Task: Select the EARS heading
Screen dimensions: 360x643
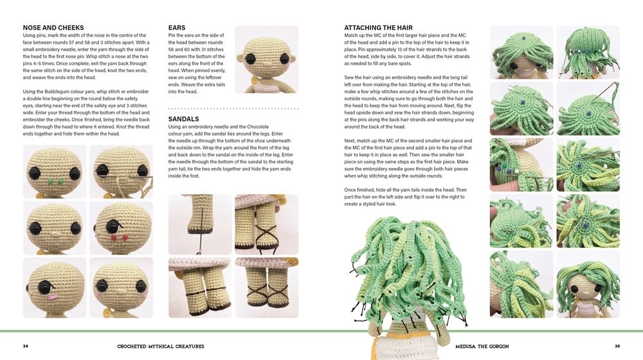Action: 177,28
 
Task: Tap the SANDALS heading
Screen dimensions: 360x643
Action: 183,119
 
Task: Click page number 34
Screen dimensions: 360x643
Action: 26,346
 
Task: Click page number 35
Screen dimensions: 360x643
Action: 617,346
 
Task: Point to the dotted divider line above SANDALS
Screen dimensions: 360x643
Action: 233,109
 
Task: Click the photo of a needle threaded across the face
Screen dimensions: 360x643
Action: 120,171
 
